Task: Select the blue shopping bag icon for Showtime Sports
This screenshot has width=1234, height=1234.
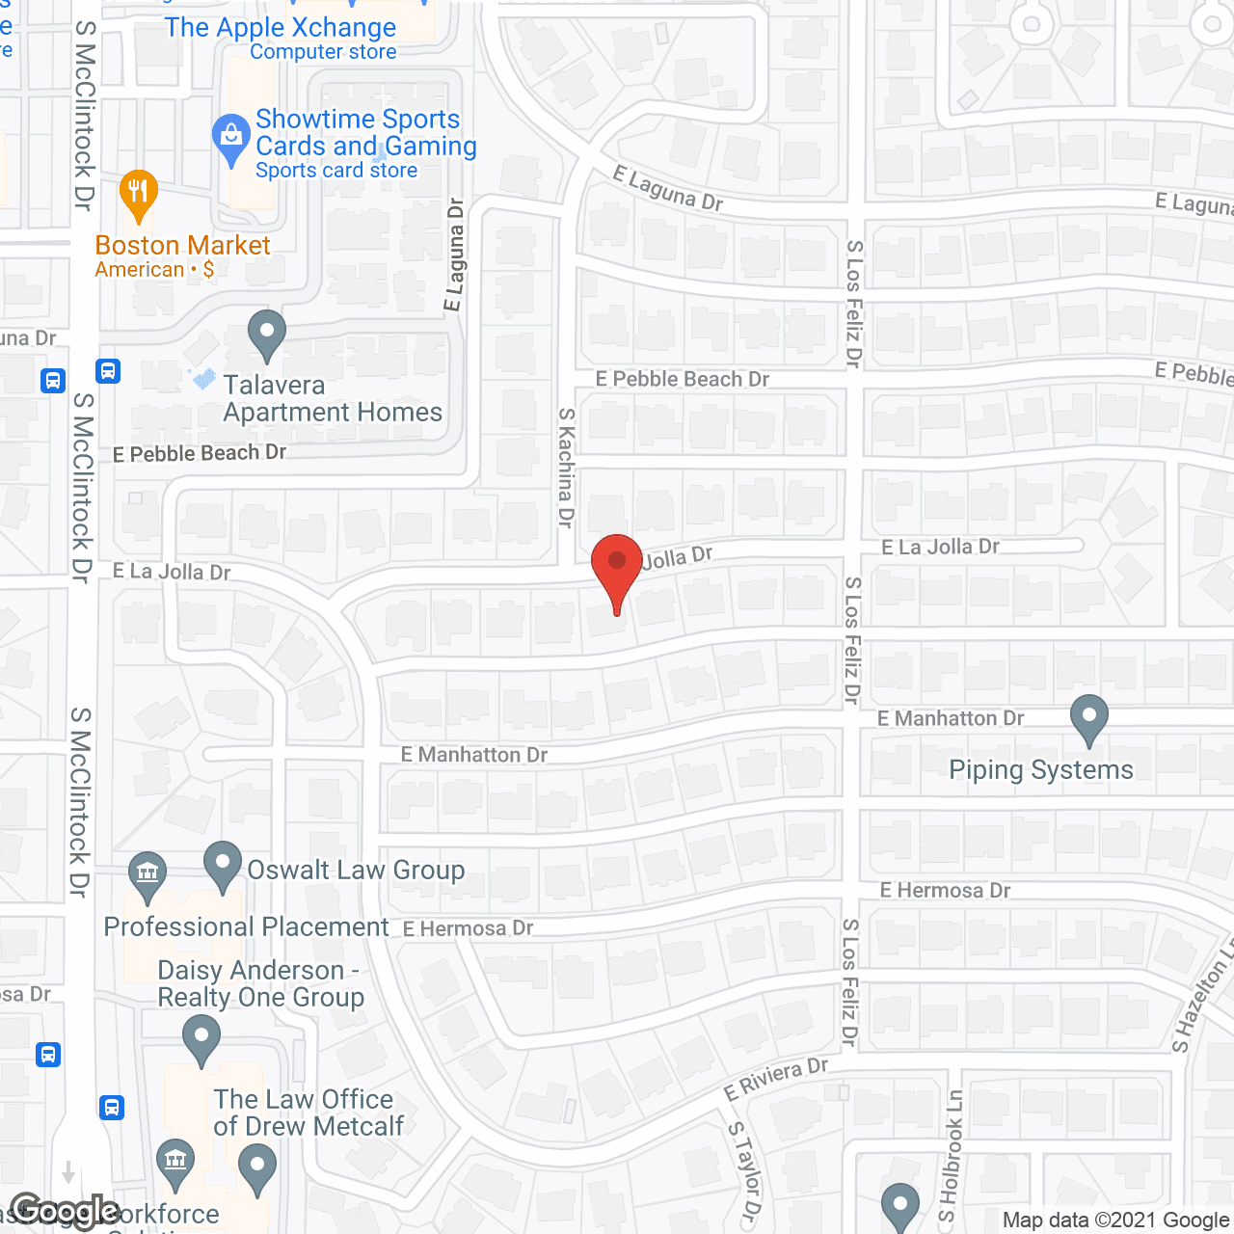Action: pyautogui.click(x=231, y=139)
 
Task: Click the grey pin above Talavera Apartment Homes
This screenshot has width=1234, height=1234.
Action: pyautogui.click(x=267, y=334)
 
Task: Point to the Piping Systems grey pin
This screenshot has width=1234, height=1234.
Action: pyautogui.click(x=1089, y=719)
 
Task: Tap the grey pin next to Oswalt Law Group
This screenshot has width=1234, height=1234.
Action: pyautogui.click(x=223, y=865)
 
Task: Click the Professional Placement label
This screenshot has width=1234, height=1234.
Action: pyautogui.click(x=246, y=926)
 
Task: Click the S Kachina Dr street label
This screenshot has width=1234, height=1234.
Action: pyautogui.click(x=567, y=467)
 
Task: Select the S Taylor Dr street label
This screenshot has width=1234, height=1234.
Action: pyautogui.click(x=743, y=1171)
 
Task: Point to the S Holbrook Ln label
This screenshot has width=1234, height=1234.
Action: pyautogui.click(x=952, y=1157)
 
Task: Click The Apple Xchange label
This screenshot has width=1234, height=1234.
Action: pyautogui.click(x=280, y=28)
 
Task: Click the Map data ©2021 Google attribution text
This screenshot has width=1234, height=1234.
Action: pyautogui.click(x=1116, y=1221)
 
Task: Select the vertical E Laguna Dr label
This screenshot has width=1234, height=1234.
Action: pyautogui.click(x=454, y=255)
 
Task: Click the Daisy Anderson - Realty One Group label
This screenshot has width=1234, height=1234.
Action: pyautogui.click(x=260, y=983)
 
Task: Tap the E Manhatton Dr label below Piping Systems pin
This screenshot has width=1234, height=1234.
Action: pyautogui.click(x=951, y=718)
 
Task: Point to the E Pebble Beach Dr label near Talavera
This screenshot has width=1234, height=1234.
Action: pyautogui.click(x=200, y=453)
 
